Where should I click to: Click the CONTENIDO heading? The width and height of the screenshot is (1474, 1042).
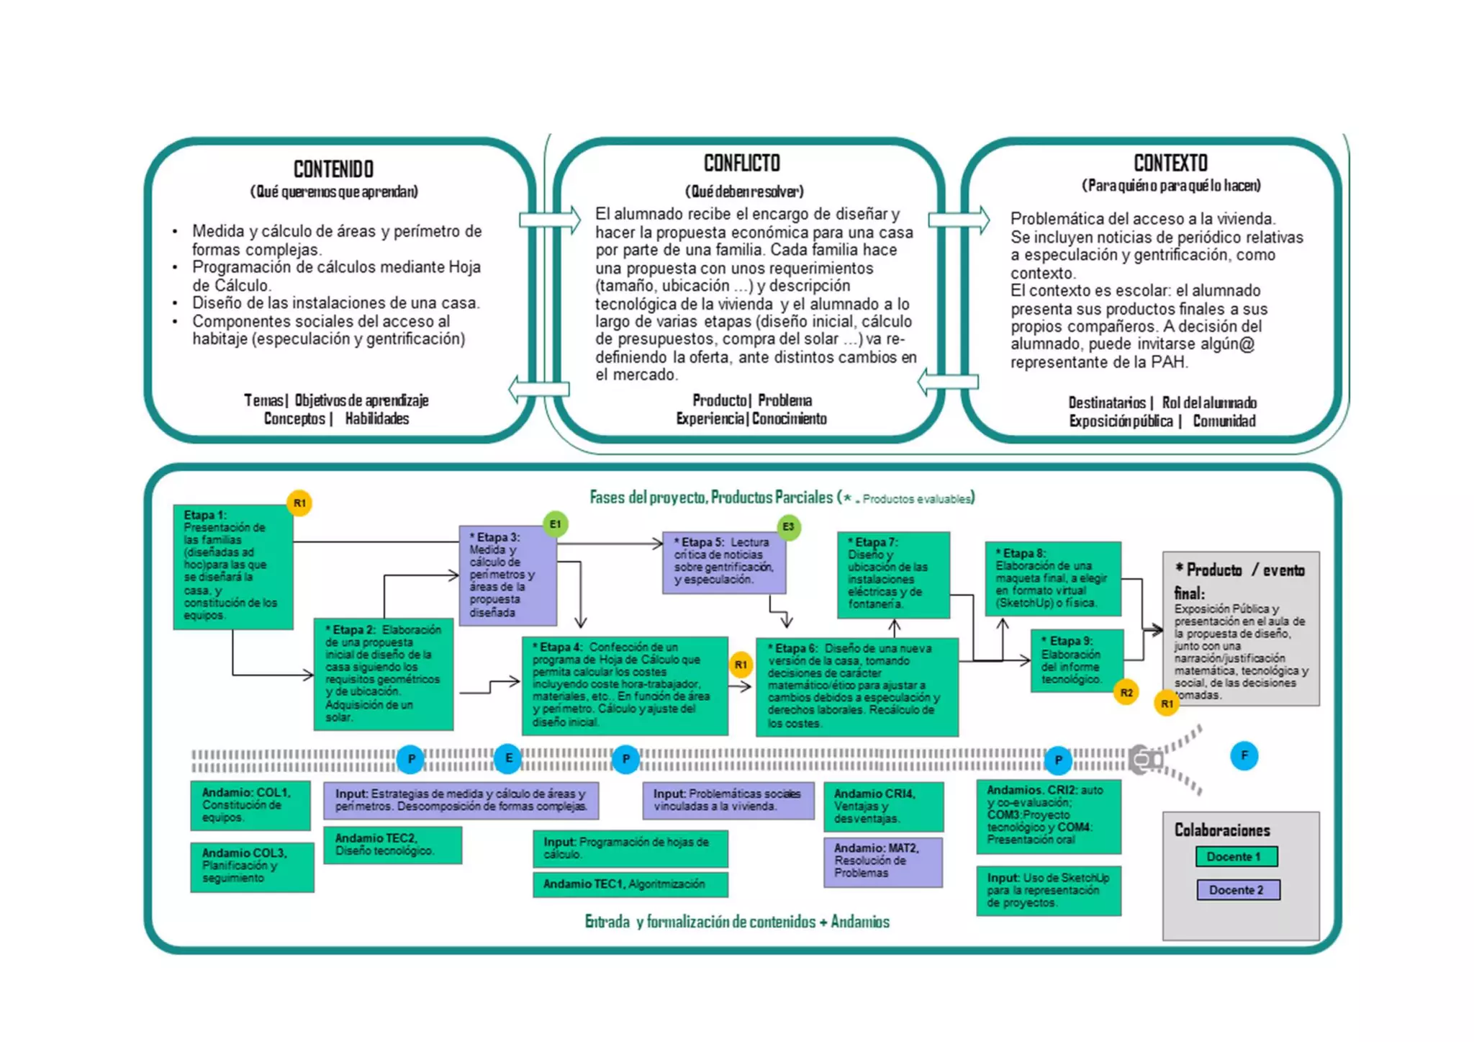(x=333, y=169)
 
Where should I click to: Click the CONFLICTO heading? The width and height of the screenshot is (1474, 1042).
(x=741, y=163)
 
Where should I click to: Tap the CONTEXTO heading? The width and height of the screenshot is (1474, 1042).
(x=1170, y=163)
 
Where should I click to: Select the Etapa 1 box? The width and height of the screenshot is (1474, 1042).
(x=232, y=567)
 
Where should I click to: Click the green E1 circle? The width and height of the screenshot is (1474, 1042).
(x=555, y=524)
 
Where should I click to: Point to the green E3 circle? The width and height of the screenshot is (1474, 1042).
(x=788, y=526)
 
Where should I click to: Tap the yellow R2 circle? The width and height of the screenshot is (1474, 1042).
(x=1126, y=693)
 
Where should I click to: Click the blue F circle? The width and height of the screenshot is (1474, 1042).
(x=1244, y=756)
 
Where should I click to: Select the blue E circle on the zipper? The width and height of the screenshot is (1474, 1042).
(x=508, y=758)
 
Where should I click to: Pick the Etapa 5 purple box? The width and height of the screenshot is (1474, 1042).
(x=723, y=562)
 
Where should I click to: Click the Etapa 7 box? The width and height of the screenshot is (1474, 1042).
(x=892, y=575)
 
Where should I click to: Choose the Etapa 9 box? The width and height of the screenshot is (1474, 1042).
(x=1077, y=660)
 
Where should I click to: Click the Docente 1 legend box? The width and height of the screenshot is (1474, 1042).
(x=1236, y=857)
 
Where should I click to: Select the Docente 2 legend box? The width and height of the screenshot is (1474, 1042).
(x=1238, y=890)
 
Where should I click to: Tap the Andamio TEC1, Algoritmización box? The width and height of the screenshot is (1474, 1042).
(x=630, y=884)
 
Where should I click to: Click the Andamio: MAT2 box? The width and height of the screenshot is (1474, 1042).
(x=882, y=861)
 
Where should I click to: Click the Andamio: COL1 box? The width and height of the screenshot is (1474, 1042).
(x=250, y=805)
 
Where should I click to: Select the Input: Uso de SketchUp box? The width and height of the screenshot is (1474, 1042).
(x=1048, y=890)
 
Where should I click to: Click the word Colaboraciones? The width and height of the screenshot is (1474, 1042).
(x=1222, y=830)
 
